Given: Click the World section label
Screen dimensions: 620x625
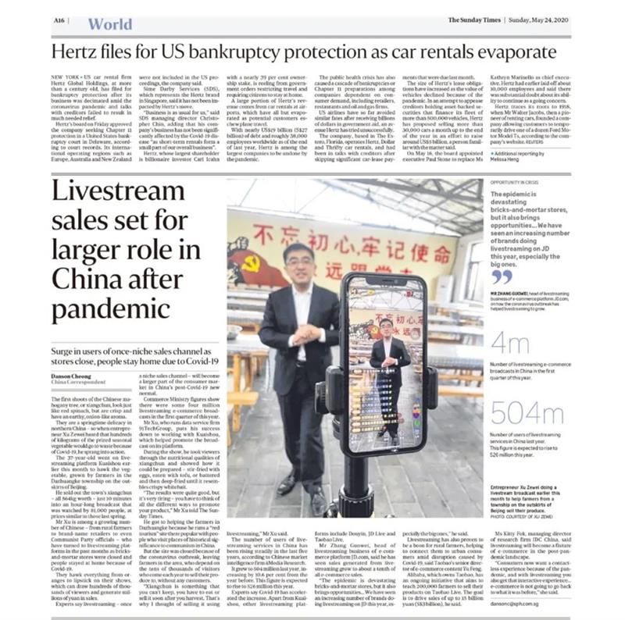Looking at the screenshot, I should point(109,23).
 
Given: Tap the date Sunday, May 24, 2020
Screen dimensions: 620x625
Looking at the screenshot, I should point(538,20).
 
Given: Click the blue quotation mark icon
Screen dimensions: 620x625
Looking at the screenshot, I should point(502,276).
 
